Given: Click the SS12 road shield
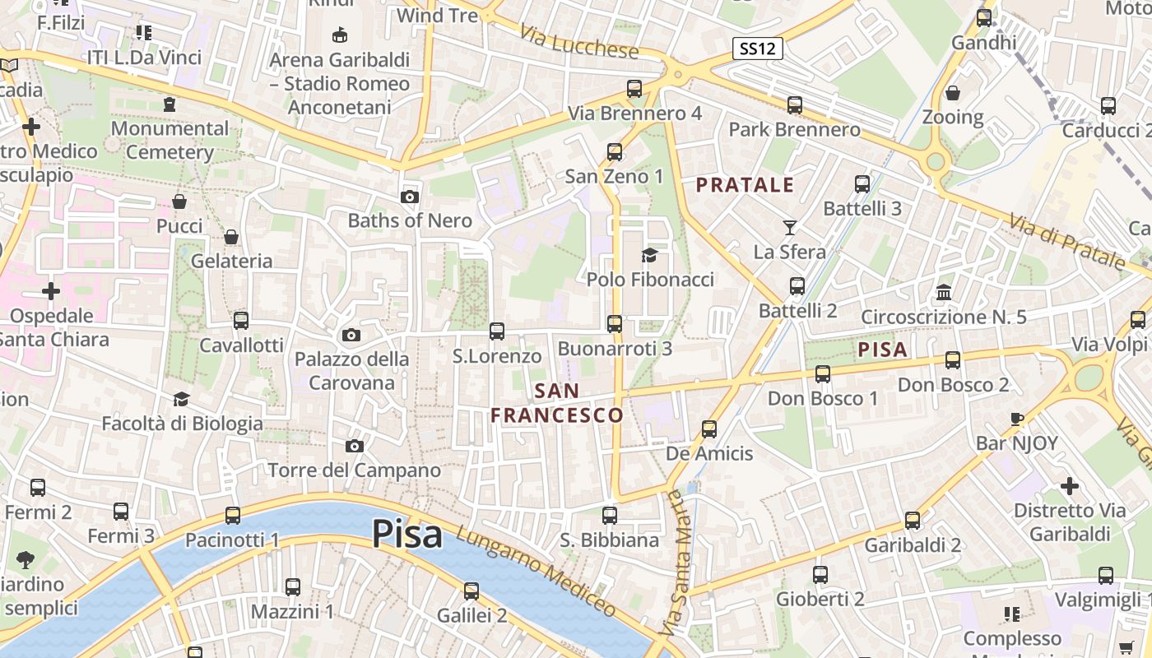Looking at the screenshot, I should [757, 49].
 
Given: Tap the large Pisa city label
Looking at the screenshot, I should [407, 534].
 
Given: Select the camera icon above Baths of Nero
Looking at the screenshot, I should [409, 197].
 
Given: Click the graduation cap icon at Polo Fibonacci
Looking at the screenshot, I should [649, 255].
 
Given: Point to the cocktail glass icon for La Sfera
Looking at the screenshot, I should [790, 227].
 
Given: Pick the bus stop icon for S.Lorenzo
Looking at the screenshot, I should [497, 331].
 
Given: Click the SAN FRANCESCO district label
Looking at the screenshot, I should [557, 403].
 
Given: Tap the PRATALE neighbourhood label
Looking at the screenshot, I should [746, 185].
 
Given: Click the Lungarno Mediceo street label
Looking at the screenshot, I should [536, 572].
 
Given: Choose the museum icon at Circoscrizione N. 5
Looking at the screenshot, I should [944, 292].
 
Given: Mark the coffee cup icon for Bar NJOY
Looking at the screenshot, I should [1017, 419].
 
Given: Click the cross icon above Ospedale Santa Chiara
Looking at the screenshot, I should [51, 291].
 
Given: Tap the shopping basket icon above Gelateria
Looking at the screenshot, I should [231, 237].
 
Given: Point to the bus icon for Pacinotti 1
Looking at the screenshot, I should [233, 516].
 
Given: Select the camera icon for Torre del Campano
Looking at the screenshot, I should [355, 446].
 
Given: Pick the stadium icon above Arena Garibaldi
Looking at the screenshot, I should [339, 35].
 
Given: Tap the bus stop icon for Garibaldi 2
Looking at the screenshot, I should [913, 520].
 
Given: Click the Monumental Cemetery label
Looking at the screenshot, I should [170, 140].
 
